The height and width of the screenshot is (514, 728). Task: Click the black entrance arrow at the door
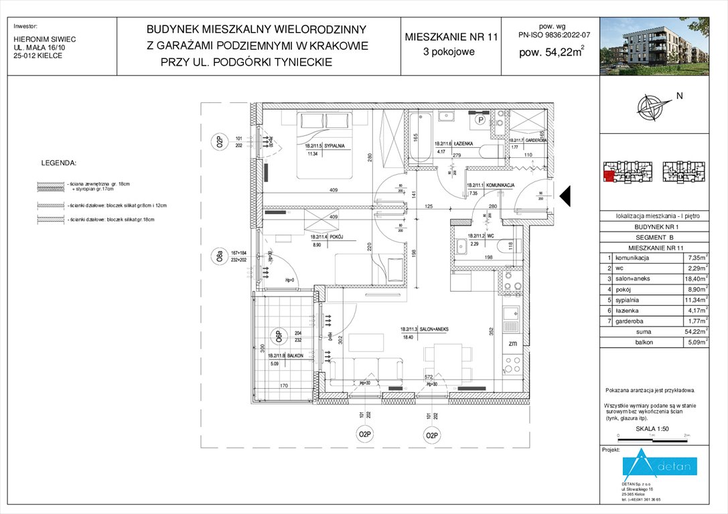(564, 195)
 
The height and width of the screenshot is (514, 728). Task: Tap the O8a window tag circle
(218, 256)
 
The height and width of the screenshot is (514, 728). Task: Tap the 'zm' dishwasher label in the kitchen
(513, 343)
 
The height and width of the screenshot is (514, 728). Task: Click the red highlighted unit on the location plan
(609, 176)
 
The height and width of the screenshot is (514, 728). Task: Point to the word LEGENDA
(59, 163)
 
